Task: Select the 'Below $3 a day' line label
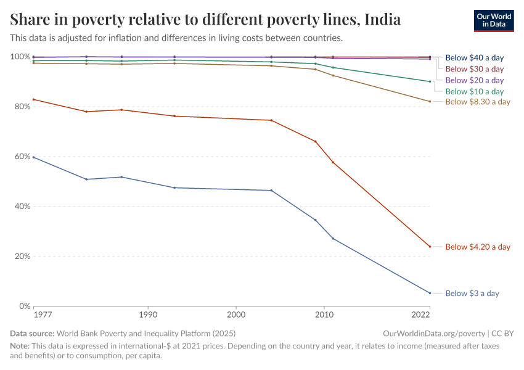pos(472,294)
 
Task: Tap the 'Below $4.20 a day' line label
pos(477,247)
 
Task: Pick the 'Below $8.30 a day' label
pos(477,102)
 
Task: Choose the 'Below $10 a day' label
pos(474,91)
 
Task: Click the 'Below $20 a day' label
pos(474,80)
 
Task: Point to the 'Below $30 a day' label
pos(474,69)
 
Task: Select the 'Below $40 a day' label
pos(474,57)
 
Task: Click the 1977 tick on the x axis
pos(43,314)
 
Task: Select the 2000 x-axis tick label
pos(235,314)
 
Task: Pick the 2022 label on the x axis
pos(421,314)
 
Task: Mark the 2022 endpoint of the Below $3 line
pos(430,293)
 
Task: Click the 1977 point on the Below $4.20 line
pos(34,99)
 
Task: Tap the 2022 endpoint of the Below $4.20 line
pos(430,247)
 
